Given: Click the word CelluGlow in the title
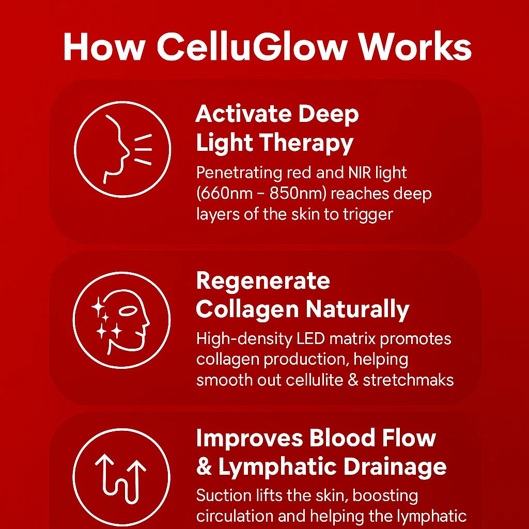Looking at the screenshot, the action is [x=252, y=46].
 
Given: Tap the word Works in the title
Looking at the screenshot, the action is [x=415, y=46].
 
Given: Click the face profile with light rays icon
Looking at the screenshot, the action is [x=122, y=149].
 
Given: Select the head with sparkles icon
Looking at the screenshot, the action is [x=121, y=320].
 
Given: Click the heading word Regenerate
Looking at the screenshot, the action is [x=263, y=281].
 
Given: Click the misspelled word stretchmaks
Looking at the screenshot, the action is [x=408, y=380].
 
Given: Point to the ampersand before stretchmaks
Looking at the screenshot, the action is [x=353, y=380].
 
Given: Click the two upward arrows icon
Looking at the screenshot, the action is [x=121, y=477].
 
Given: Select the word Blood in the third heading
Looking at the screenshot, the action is [x=342, y=438].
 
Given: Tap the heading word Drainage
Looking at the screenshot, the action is [x=395, y=468].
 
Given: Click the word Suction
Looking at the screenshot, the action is [x=224, y=495].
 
